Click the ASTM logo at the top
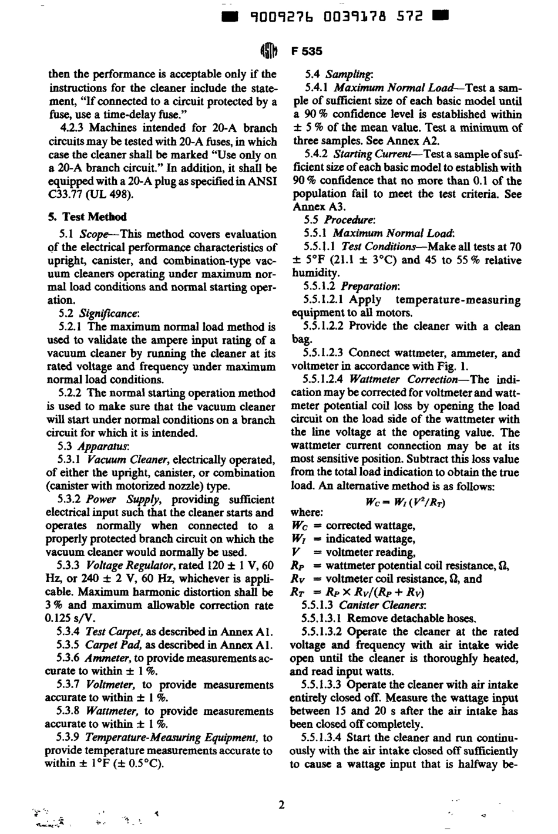coord(268,51)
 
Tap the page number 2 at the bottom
coord(281,805)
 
